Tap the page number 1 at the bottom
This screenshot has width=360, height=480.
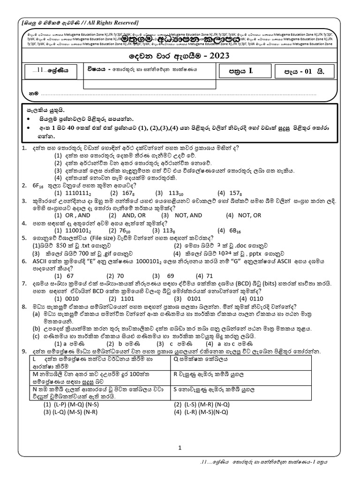tap(180, 448)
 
